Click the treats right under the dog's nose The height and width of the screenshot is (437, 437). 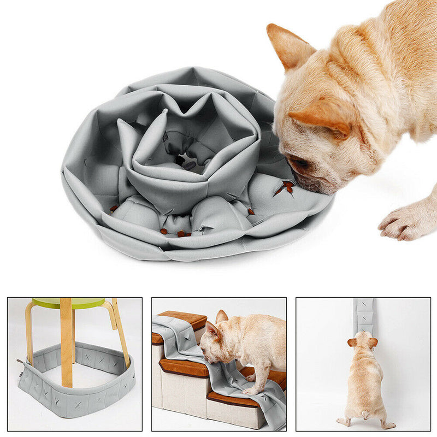click(285, 187)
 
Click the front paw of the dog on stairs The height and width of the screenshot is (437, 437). click(249, 391)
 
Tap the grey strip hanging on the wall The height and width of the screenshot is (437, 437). click(363, 315)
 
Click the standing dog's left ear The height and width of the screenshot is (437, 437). click(352, 342)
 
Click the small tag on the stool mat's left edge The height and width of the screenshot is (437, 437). click(20, 361)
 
